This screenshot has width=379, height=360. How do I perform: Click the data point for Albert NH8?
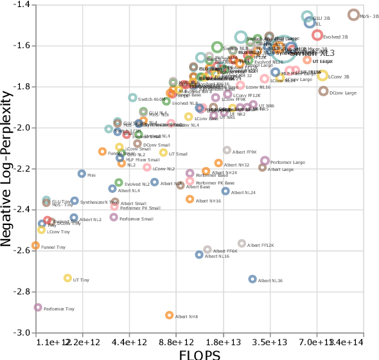(170, 315)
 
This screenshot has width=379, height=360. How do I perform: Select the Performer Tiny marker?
(38, 307)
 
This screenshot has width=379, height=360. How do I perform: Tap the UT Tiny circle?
(67, 278)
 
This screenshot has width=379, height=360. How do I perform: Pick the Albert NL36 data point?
(252, 279)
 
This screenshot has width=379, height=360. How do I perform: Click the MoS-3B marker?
(353, 15)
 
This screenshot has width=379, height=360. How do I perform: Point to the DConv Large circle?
(323, 91)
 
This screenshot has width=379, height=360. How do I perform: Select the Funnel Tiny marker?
(36, 246)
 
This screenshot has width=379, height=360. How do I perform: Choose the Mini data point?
(82, 174)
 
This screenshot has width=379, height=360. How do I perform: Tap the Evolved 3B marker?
(317, 35)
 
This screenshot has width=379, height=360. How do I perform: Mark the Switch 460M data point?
(132, 98)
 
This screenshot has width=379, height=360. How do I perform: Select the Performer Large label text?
(287, 163)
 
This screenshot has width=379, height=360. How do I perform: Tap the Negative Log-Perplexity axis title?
(8, 168)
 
